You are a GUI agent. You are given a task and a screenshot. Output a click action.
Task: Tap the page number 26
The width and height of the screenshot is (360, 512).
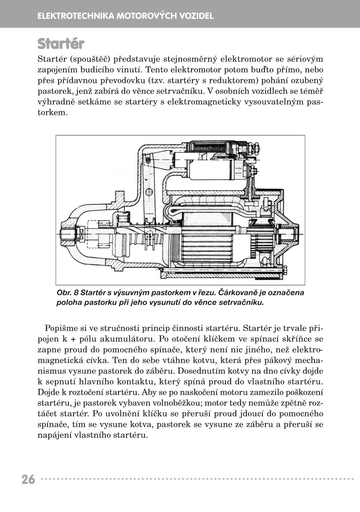tap(28, 479)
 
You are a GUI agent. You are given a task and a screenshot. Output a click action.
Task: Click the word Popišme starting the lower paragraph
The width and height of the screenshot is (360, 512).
tap(61, 328)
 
